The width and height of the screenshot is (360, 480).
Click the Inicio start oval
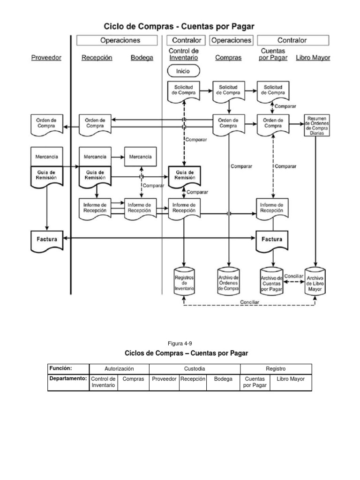pos(184,71)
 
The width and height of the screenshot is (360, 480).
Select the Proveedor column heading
pos(46,58)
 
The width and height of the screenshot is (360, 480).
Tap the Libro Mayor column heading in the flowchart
pos(313,58)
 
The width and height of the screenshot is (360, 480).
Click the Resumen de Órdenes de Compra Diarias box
pos(317,125)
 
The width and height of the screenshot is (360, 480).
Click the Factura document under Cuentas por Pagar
pos(272,240)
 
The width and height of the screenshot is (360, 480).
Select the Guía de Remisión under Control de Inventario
pos(184,175)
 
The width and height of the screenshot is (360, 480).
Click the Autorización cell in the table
pos(119,369)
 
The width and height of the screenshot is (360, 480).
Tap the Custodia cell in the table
pos(195,369)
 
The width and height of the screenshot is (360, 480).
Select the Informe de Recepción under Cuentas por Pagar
pos(272,208)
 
